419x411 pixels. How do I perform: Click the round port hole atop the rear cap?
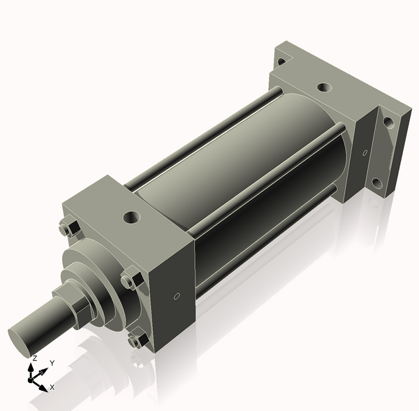(x=323, y=88)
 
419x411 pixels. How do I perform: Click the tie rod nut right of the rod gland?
(x=128, y=281)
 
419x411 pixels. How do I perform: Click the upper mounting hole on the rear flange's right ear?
(x=389, y=122)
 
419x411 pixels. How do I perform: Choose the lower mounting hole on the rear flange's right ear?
(x=376, y=183)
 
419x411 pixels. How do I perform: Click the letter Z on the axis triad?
(x=34, y=358)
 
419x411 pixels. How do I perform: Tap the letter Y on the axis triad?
(x=52, y=363)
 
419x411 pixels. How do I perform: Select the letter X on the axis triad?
(x=52, y=387)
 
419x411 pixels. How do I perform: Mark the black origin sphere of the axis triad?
(x=31, y=378)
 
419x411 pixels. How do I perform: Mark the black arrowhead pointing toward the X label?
(x=43, y=387)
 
